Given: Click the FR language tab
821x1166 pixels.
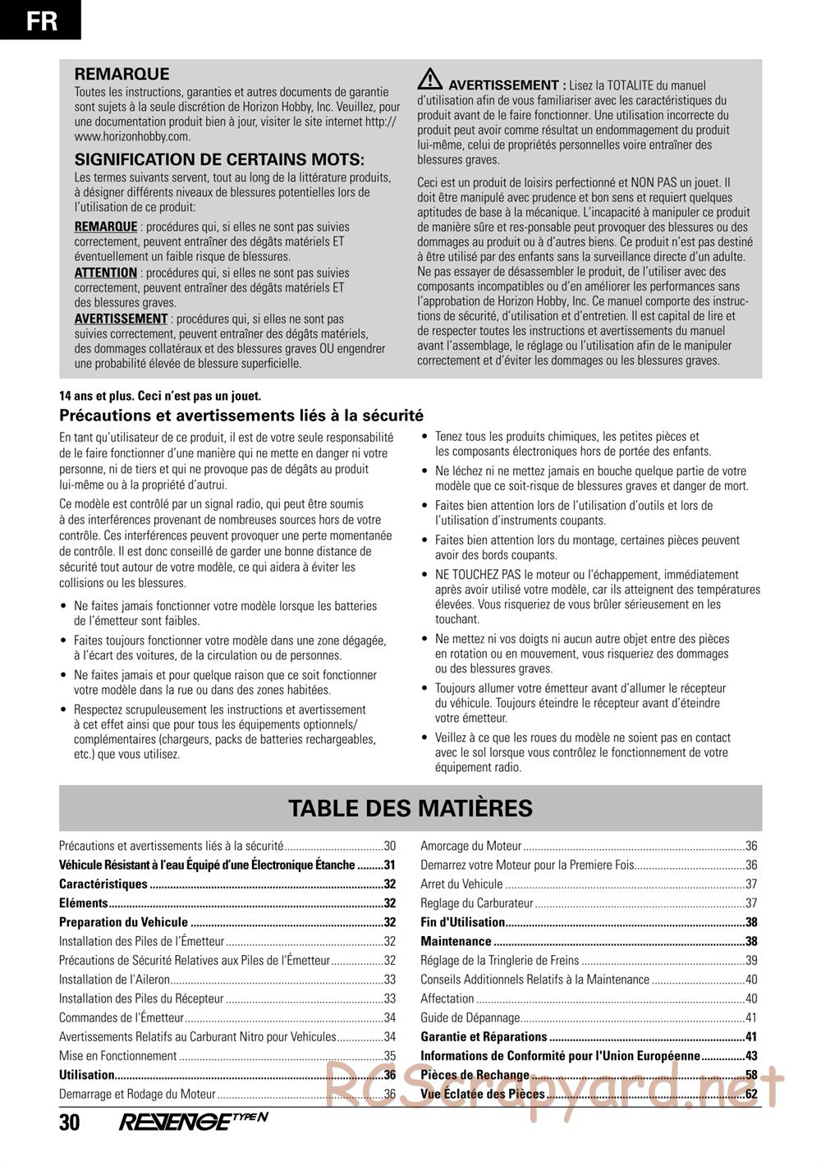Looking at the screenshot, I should pos(41,20).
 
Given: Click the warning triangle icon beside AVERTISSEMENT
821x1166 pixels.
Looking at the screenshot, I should pos(429,80).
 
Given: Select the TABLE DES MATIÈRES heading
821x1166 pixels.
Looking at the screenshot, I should pos(410,808).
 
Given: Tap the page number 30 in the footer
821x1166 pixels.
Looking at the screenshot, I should pos(70,1122).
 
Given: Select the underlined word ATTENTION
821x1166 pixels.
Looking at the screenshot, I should pos(106,273).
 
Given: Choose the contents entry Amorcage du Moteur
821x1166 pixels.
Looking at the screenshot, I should pos(471,846).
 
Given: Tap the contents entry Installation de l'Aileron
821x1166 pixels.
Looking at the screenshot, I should pos(114,980).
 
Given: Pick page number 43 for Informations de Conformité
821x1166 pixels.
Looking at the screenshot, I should pos(750,1056).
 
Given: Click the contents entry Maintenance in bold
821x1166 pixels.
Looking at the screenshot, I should pos(456,942).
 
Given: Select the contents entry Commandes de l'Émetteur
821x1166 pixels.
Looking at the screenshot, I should pos(121,1018).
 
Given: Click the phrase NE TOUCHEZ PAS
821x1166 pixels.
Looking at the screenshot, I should pos(475,575).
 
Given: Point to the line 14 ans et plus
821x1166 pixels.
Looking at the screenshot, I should pos(160,396).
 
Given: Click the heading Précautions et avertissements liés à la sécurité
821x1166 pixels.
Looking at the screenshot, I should pos(241,415).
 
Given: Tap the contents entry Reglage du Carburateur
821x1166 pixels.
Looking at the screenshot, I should pos(477,903).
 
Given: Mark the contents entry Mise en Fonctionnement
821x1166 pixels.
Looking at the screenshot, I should pos(118,1056).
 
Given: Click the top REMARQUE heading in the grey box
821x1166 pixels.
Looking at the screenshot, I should pos(122,74).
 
